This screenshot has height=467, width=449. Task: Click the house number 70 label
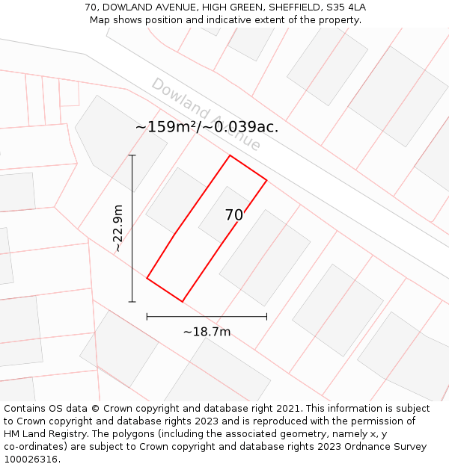233,215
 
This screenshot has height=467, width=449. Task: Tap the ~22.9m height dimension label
118,229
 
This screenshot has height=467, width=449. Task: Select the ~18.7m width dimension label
207,332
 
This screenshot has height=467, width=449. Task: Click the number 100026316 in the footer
31,460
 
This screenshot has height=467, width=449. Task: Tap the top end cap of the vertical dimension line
132,155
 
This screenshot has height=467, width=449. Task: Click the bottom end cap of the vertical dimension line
132,302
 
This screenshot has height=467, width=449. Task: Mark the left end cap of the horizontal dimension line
147,317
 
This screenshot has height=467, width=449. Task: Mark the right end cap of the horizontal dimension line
266,317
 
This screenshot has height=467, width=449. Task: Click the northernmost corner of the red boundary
230,155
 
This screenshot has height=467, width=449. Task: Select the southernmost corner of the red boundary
183,302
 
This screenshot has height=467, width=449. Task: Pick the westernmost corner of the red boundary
147,278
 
